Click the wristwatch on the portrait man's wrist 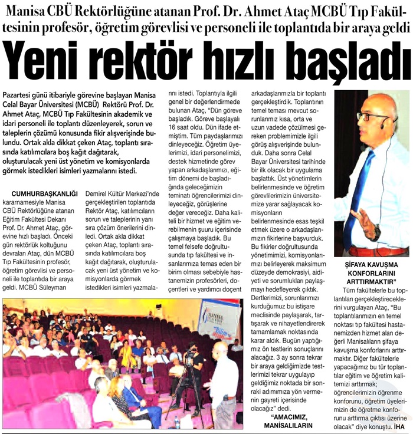pyautogui.click(x=377, y=232)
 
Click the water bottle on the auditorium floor pyautogui.click(x=178, y=422)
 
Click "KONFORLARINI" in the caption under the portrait pyautogui.click(x=371, y=273)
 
